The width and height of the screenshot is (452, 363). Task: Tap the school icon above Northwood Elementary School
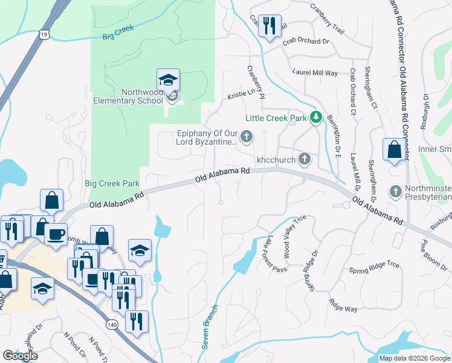[168, 80]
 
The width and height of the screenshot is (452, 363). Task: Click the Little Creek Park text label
[276, 119]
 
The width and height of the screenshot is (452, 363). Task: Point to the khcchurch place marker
[305, 159]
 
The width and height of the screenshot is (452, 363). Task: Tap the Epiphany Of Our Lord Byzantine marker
[246, 137]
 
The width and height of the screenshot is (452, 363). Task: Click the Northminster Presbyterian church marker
[395, 191]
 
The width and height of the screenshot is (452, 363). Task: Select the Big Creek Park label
[112, 183]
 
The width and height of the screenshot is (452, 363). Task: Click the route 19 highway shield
[44, 34]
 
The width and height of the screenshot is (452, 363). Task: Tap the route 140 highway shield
[112, 324]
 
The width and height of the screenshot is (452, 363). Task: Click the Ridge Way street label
[343, 305]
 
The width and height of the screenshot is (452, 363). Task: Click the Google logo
[21, 356]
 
